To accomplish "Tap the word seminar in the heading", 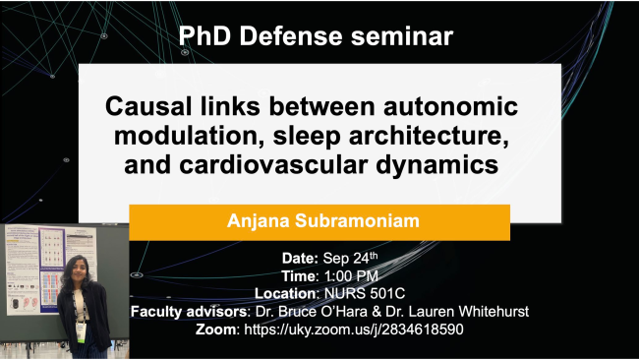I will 402,37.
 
